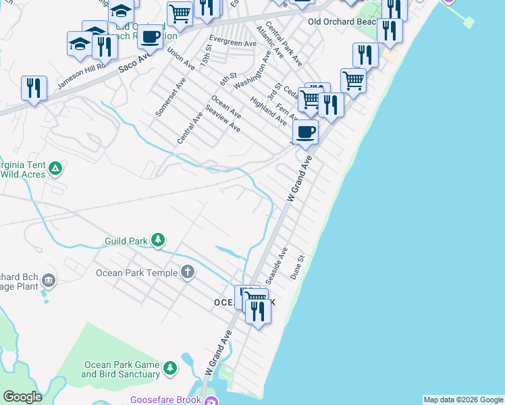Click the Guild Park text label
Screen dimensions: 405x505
126,240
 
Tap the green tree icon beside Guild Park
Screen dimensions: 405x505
158,240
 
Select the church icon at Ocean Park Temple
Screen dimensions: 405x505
188,273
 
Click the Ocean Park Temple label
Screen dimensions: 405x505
136,273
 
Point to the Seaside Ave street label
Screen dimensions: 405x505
277,265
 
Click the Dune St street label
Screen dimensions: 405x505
298,267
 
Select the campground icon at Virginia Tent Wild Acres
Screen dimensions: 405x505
55,168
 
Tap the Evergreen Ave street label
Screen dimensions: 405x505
233,43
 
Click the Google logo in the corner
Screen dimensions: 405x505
22,397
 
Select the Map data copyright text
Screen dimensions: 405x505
464,400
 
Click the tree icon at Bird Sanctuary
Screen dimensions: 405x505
170,368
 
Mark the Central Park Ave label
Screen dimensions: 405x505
284,45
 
